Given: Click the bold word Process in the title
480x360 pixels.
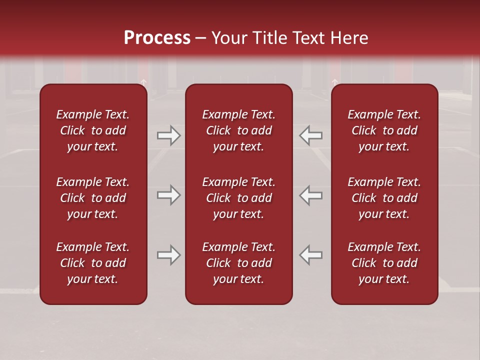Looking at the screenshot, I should (x=157, y=38).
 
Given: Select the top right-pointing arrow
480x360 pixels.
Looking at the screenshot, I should (x=168, y=135).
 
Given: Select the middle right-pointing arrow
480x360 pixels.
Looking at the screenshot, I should (x=168, y=195).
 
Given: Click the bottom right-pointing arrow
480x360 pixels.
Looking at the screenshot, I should (x=168, y=255).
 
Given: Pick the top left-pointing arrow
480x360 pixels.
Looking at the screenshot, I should (x=311, y=135).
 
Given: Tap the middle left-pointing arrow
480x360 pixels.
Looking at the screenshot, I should (x=311, y=195).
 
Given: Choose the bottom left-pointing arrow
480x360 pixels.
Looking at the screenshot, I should (x=311, y=255).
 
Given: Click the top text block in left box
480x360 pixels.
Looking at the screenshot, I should (x=93, y=130).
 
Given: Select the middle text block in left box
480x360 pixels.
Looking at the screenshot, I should (x=93, y=198).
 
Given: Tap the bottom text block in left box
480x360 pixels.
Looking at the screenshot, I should (x=93, y=263).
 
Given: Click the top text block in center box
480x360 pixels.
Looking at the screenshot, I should (x=238, y=130).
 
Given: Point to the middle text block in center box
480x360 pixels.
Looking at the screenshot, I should (x=238, y=198).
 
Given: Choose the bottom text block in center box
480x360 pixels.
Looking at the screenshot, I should (x=238, y=263).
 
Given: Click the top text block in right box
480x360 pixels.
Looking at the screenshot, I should (x=384, y=130).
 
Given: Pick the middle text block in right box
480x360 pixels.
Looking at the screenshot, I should (x=384, y=198).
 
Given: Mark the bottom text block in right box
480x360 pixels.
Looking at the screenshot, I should (x=384, y=263).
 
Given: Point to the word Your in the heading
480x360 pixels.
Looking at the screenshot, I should (x=228, y=38).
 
